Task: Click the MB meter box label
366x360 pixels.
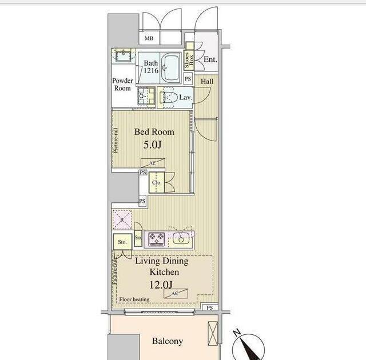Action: pyautogui.click(x=149, y=38)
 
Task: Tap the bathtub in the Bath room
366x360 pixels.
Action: pyautogui.click(x=170, y=67)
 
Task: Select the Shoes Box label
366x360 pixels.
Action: pyautogui.click(x=189, y=59)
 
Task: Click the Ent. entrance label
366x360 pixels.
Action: pyautogui.click(x=210, y=59)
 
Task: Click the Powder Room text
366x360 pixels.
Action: pyautogui.click(x=122, y=85)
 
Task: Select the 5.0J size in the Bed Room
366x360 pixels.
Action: pyautogui.click(x=152, y=145)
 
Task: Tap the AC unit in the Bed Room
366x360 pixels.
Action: pyautogui.click(x=153, y=163)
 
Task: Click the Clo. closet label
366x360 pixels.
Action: pyautogui.click(x=157, y=182)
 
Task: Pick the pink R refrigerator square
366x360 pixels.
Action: pyautogui.click(x=122, y=219)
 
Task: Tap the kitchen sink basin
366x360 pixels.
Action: pyautogui.click(x=181, y=238)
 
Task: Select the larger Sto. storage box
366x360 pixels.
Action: pyautogui.click(x=122, y=242)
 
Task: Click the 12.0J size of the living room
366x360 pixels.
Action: pyautogui.click(x=161, y=285)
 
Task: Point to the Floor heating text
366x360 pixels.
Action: pyautogui.click(x=134, y=299)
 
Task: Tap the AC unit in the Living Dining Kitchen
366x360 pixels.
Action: pyautogui.click(x=176, y=293)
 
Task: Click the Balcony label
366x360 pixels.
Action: pyautogui.click(x=168, y=341)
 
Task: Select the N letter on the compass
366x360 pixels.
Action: pyautogui.click(x=237, y=332)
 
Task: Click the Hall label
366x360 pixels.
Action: pyautogui.click(x=207, y=81)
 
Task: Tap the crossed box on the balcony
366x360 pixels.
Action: pyautogui.click(x=213, y=333)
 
